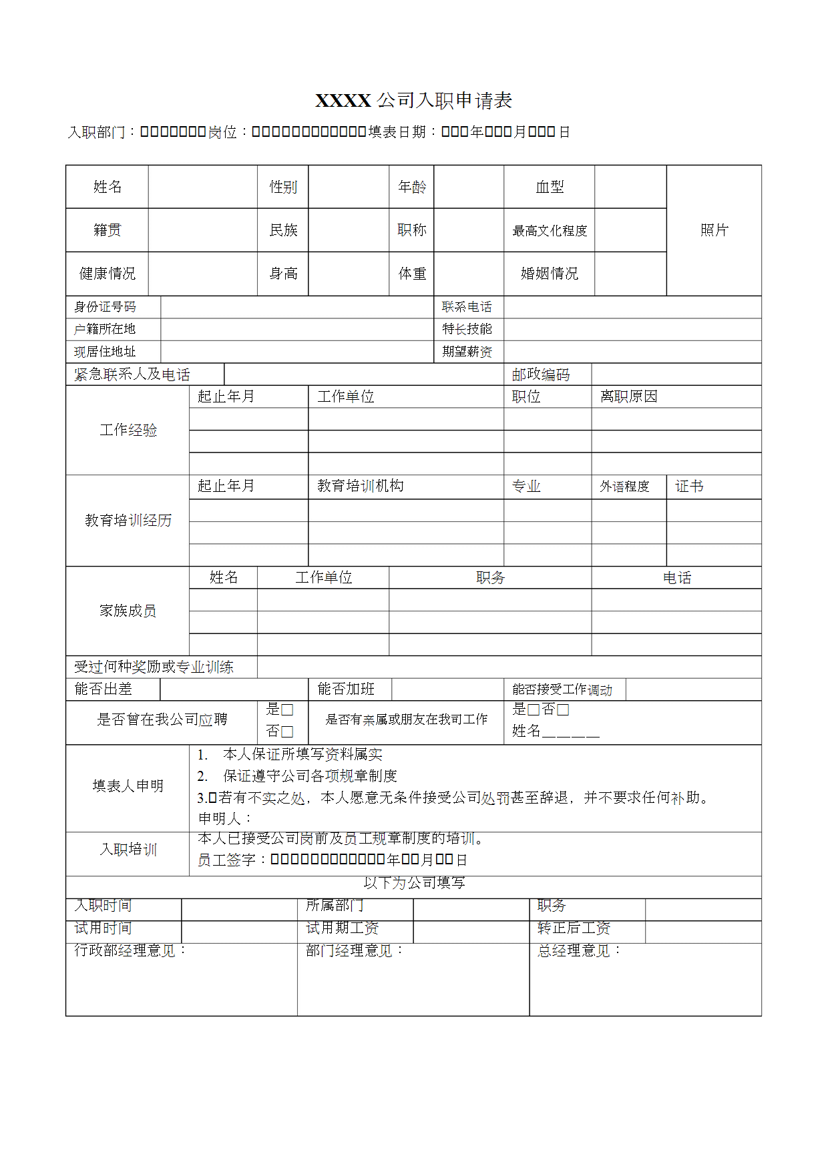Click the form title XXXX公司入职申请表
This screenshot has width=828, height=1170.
pos(413,101)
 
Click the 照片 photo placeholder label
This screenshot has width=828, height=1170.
pos(714,230)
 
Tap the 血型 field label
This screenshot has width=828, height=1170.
pos(550,188)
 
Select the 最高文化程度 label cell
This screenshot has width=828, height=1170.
pos(550,231)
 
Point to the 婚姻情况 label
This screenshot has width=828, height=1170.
pos(550,274)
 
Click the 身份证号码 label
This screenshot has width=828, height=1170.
pos(105,307)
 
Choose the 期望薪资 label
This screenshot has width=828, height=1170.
pos(467,352)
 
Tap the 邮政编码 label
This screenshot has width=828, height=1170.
pos(541,374)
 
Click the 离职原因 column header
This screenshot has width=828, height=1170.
pos(628,396)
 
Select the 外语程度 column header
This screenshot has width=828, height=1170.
pos(624,487)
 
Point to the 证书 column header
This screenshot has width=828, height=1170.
pos(689,487)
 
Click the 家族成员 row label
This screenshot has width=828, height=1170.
pos(128,611)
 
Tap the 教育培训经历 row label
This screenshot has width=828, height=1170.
pos(128,521)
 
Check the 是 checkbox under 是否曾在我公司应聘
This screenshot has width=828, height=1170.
pos(288,709)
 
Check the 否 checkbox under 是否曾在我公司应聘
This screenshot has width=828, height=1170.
pos(288,732)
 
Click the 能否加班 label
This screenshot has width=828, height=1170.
pos(346,689)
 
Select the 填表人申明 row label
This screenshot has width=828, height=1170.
pos(128,786)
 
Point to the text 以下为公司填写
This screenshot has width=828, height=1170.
pos(414,883)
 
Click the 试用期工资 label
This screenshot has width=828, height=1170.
pos(342,928)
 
